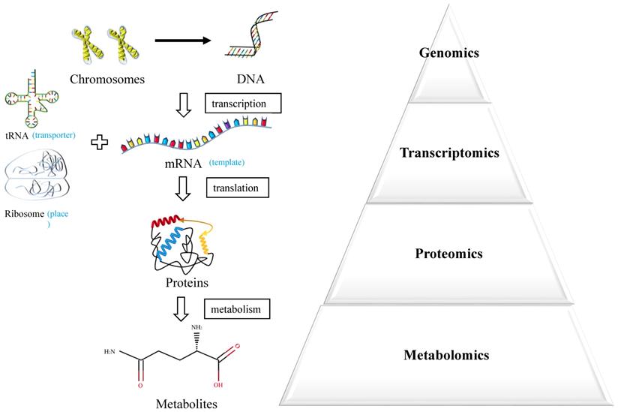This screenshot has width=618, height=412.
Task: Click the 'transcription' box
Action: click(242, 101)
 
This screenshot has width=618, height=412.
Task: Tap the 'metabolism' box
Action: click(237, 307)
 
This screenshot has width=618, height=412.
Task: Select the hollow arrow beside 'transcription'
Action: click(183, 107)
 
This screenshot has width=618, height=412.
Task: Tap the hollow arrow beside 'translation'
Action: click(183, 190)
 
